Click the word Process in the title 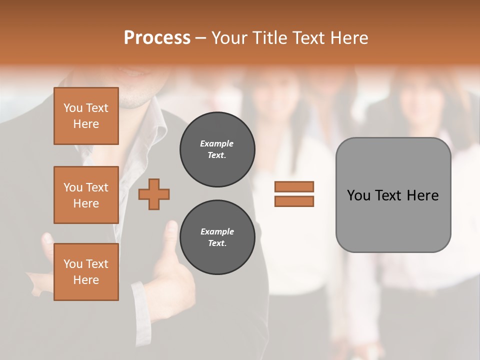(x=157, y=37)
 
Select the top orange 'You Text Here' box (x=86, y=116)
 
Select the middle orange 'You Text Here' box (x=86, y=195)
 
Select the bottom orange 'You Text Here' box (x=86, y=271)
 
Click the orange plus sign (x=154, y=194)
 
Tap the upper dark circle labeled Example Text (x=217, y=149)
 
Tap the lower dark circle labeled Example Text (x=217, y=237)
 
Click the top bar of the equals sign (x=294, y=186)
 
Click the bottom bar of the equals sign (x=294, y=201)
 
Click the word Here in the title (x=348, y=37)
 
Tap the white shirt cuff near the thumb (x=138, y=300)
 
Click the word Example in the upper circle (x=217, y=143)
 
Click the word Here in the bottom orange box (x=86, y=280)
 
